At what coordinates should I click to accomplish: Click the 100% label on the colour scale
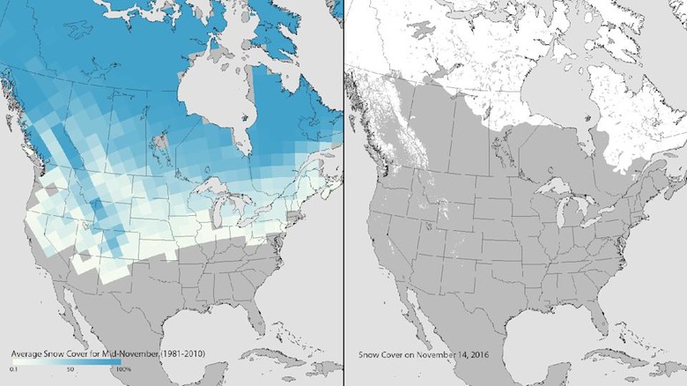[x=123, y=368]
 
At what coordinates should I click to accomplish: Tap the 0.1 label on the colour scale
[x=13, y=368]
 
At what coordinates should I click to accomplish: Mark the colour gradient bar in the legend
[x=69, y=362]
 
